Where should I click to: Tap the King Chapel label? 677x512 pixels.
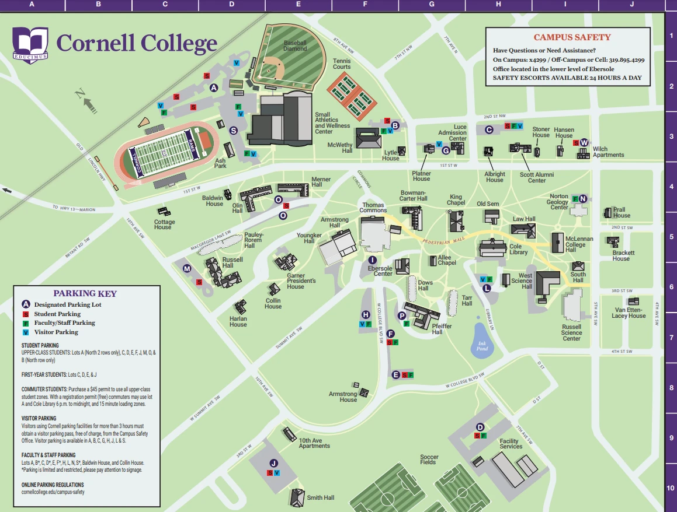pyautogui.click(x=456, y=200)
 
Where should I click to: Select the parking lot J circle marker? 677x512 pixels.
pyautogui.click(x=273, y=463)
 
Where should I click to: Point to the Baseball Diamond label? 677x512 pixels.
pyautogui.click(x=295, y=45)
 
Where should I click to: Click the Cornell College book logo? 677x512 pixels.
pyautogui.click(x=30, y=43)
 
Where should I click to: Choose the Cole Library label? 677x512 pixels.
pyautogui.click(x=519, y=249)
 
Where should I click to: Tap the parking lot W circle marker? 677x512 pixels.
pyautogui.click(x=584, y=142)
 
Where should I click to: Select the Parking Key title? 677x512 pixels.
pyautogui.click(x=85, y=293)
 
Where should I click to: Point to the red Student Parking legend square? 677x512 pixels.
pyautogui.click(x=26, y=314)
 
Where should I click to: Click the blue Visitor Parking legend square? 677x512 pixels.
pyautogui.click(x=26, y=332)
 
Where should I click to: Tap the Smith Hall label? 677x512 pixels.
pyautogui.click(x=320, y=497)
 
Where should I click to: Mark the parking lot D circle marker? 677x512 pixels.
pyautogui.click(x=480, y=427)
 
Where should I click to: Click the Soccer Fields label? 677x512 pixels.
pyautogui.click(x=428, y=460)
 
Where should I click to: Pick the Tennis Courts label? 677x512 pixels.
pyautogui.click(x=342, y=64)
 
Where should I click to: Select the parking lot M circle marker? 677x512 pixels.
pyautogui.click(x=187, y=269)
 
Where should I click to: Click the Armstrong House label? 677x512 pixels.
pyautogui.click(x=342, y=397)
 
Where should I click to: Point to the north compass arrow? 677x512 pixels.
pyautogui.click(x=88, y=103)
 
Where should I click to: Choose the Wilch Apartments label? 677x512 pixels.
pyautogui.click(x=608, y=152)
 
